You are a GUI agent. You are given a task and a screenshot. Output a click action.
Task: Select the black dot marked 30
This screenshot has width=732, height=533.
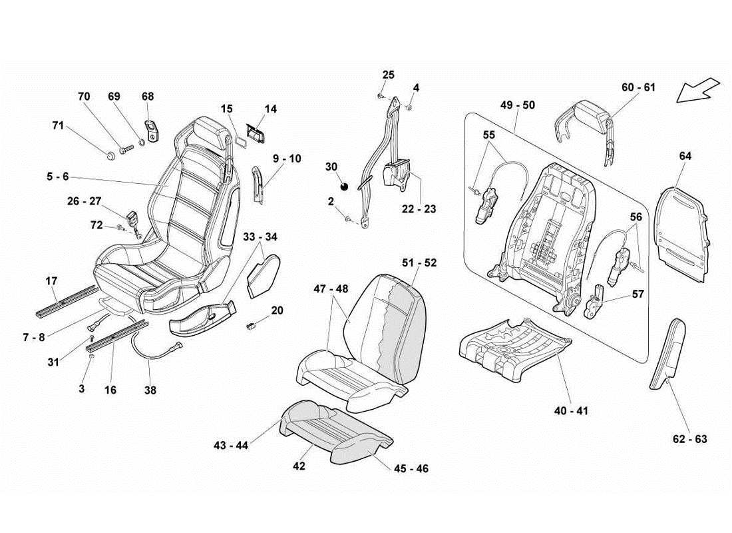[x=344, y=186]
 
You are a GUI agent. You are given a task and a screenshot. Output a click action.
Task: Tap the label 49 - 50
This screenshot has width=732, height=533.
[x=518, y=105]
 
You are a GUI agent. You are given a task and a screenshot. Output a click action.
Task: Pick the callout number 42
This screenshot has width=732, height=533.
[x=299, y=466]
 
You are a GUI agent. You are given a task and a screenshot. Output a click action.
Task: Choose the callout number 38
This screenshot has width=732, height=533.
[x=150, y=390]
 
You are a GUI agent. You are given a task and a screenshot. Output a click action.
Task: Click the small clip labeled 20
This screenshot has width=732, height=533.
[x=253, y=325]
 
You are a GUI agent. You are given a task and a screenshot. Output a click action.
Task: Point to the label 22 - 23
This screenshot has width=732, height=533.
[x=419, y=209]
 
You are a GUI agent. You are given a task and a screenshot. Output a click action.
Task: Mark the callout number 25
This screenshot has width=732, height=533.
[x=389, y=74]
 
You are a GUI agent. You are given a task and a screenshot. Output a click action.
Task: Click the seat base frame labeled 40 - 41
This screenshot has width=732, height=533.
[x=516, y=346]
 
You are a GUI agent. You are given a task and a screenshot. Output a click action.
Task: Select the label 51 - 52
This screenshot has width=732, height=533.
[x=419, y=263]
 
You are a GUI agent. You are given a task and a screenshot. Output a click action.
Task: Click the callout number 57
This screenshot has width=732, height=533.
[x=638, y=293]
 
